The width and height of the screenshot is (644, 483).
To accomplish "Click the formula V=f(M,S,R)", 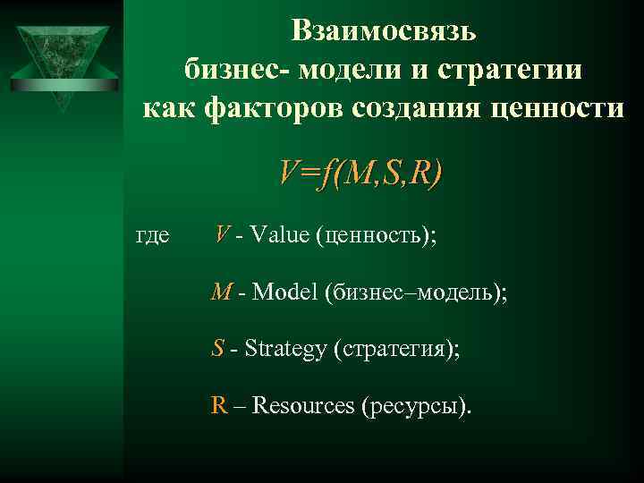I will tap(360, 173).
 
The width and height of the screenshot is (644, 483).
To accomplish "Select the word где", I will tap(151, 236).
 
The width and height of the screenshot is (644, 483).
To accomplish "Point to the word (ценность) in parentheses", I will tap(376, 237).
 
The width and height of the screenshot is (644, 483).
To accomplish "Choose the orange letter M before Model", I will tap(221, 292).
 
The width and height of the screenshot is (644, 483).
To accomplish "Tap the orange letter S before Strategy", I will tap(217, 348).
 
